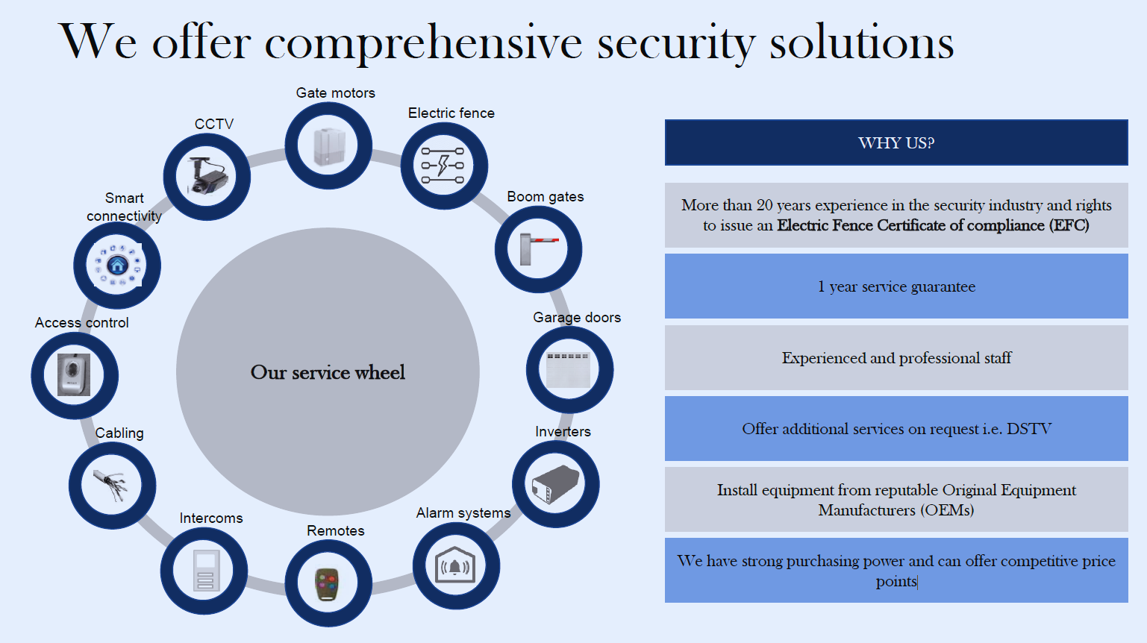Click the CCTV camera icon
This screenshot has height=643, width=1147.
[207, 176]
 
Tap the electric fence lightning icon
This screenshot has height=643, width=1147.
[443, 166]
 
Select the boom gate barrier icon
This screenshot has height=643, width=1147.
[538, 249]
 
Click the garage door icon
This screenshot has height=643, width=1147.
[569, 370]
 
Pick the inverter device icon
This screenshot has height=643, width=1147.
[555, 484]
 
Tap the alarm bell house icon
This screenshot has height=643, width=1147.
[455, 565]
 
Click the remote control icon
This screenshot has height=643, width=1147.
[328, 584]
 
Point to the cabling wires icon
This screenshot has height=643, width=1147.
[110, 486]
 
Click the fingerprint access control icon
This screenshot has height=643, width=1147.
[74, 374]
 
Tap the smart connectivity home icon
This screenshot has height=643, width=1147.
[117, 266]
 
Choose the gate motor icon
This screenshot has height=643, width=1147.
[328, 146]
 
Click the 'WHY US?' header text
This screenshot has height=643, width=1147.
[896, 142]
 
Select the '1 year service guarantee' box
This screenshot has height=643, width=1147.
[896, 286]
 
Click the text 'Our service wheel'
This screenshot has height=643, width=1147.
[328, 372]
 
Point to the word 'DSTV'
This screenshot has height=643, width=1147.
[1028, 428]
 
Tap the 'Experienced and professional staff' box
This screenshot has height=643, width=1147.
[896, 357]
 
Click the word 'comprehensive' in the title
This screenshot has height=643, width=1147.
[423, 44]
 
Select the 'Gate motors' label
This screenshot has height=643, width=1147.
[335, 92]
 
